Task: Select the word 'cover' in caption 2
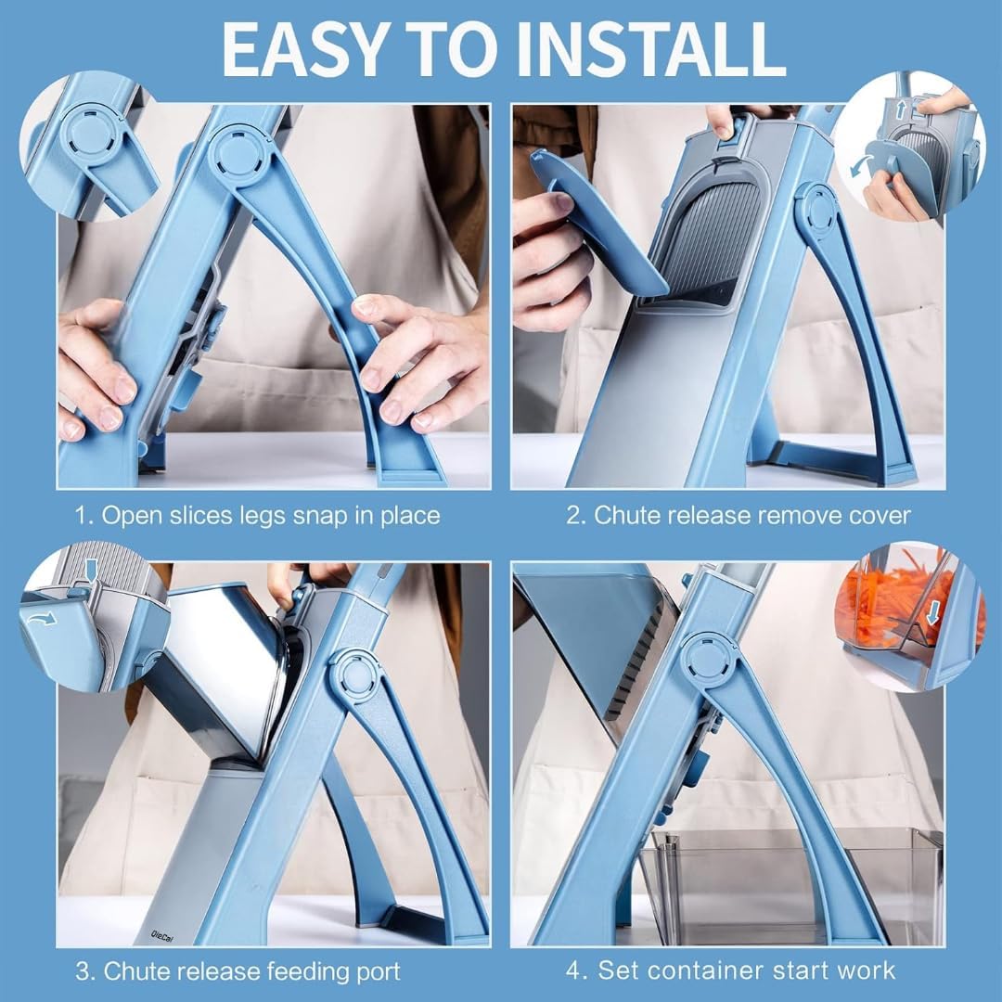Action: tap(880, 515)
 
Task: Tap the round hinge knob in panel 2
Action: tap(816, 211)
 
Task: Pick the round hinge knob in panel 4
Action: tap(708, 662)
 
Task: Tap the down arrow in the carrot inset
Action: tap(933, 612)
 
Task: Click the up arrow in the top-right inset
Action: tap(900, 109)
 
